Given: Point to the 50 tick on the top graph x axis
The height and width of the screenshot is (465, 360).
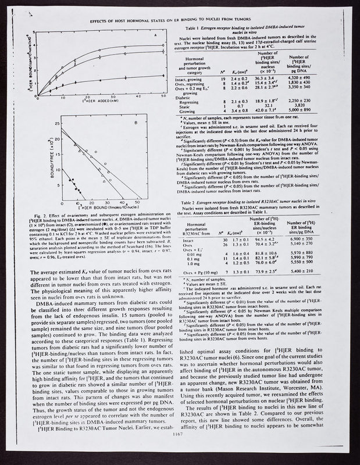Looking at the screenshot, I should click(x=160, y=96).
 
